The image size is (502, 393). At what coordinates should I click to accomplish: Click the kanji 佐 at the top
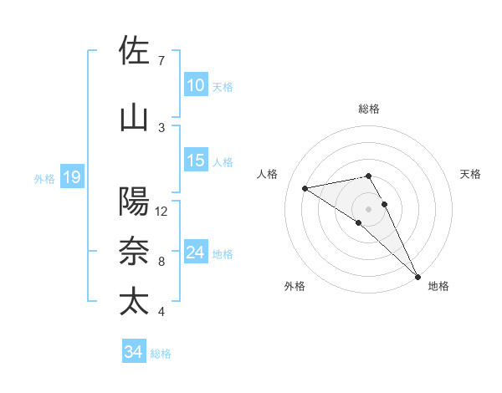click(x=135, y=51)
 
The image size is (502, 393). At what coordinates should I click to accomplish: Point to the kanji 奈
click(x=135, y=252)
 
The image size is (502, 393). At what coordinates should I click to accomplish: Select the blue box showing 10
click(x=196, y=85)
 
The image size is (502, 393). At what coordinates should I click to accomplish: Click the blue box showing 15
click(x=196, y=161)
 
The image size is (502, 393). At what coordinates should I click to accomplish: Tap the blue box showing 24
click(x=196, y=253)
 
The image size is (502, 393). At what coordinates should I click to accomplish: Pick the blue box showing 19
click(x=71, y=176)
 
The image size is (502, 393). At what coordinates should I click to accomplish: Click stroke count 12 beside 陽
click(x=161, y=212)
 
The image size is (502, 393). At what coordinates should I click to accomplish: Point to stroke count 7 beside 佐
click(x=161, y=61)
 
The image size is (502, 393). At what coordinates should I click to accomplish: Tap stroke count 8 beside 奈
click(x=161, y=262)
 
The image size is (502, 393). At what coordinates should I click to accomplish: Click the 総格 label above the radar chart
click(x=369, y=110)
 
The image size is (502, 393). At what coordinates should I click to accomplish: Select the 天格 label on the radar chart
click(x=471, y=174)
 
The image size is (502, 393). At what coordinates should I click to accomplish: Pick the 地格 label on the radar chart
click(x=438, y=286)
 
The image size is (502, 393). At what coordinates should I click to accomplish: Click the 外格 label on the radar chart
click(x=295, y=286)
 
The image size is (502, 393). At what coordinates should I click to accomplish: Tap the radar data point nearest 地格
click(x=417, y=275)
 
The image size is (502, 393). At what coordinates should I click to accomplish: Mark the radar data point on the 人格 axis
click(x=305, y=187)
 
